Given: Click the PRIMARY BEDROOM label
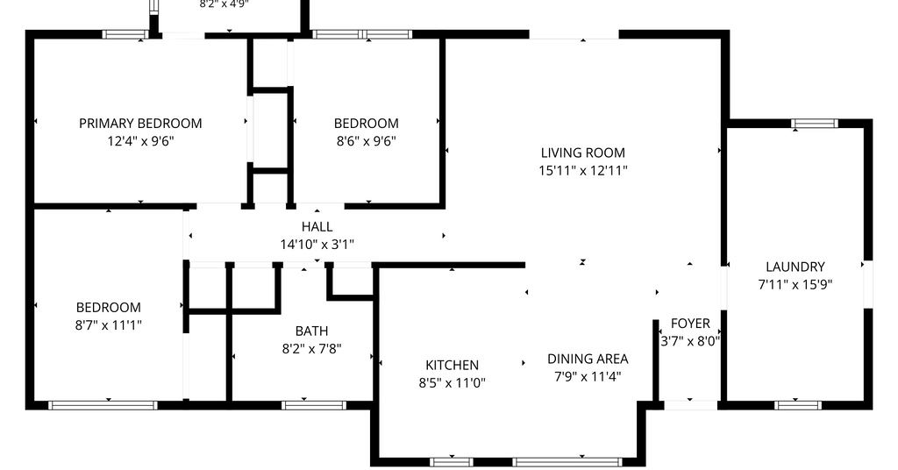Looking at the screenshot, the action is [140, 123].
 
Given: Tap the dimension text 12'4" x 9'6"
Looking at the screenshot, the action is [140, 141].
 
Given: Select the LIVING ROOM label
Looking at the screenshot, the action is [583, 153].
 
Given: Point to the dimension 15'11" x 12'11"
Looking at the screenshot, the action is [583, 171].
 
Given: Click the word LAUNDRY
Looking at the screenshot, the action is [795, 267].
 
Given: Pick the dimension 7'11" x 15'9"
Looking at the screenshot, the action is [795, 284].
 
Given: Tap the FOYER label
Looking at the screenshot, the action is [690, 324].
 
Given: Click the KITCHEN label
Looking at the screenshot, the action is [452, 366].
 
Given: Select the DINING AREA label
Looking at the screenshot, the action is [588, 359].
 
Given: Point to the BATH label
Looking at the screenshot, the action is [311, 331].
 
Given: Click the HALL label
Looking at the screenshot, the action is [317, 227].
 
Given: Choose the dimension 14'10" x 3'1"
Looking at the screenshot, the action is [317, 245].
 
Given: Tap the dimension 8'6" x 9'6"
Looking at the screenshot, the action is [366, 141].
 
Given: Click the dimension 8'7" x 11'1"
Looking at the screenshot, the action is [108, 325].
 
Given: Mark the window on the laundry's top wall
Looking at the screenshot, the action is [815, 123].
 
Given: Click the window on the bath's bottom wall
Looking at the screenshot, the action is [313, 405].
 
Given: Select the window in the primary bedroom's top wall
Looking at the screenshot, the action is [125, 34].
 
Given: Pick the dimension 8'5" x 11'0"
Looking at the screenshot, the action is [452, 383].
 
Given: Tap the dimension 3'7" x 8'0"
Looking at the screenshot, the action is [690, 342].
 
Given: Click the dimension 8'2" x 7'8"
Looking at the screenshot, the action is [311, 349].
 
